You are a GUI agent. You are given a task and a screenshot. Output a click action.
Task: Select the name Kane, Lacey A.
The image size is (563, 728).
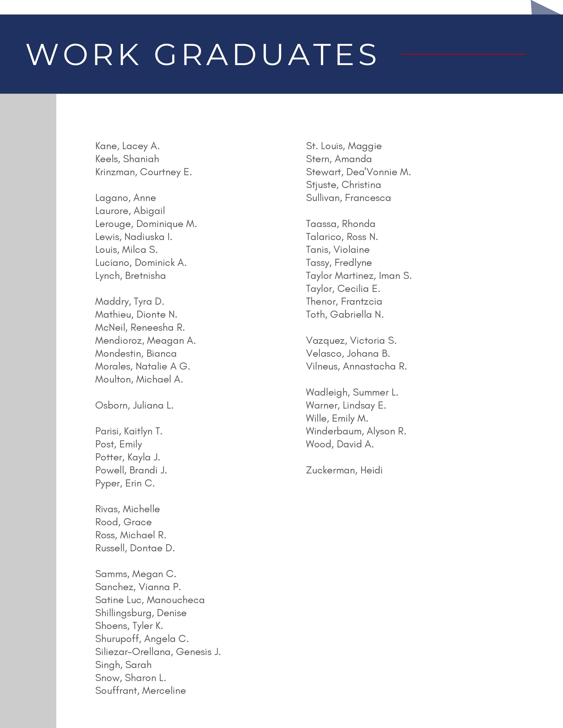coord(127,146)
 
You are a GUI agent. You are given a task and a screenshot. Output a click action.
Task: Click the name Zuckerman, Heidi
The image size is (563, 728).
coord(344,470)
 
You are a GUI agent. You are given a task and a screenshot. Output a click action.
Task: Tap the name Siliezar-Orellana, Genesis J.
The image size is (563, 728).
coord(158,652)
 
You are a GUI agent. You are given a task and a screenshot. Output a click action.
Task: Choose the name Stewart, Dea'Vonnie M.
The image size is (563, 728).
coord(358,172)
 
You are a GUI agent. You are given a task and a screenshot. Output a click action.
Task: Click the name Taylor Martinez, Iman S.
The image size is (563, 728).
coord(359,276)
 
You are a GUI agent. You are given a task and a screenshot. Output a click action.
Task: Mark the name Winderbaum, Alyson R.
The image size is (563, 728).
coord(356,431)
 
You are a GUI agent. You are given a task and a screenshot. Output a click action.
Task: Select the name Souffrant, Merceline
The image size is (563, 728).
coord(140,691)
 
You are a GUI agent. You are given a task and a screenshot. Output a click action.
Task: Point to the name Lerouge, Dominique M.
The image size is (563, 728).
coord(146,224)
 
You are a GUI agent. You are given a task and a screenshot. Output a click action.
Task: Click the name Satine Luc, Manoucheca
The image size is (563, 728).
coord(150,600)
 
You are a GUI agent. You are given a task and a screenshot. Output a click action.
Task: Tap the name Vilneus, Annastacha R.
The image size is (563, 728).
coord(356,366)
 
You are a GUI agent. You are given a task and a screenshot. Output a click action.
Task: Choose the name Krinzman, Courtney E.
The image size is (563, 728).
coord(144,172)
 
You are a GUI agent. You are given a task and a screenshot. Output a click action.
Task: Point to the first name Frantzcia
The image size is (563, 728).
coord(362,302)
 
